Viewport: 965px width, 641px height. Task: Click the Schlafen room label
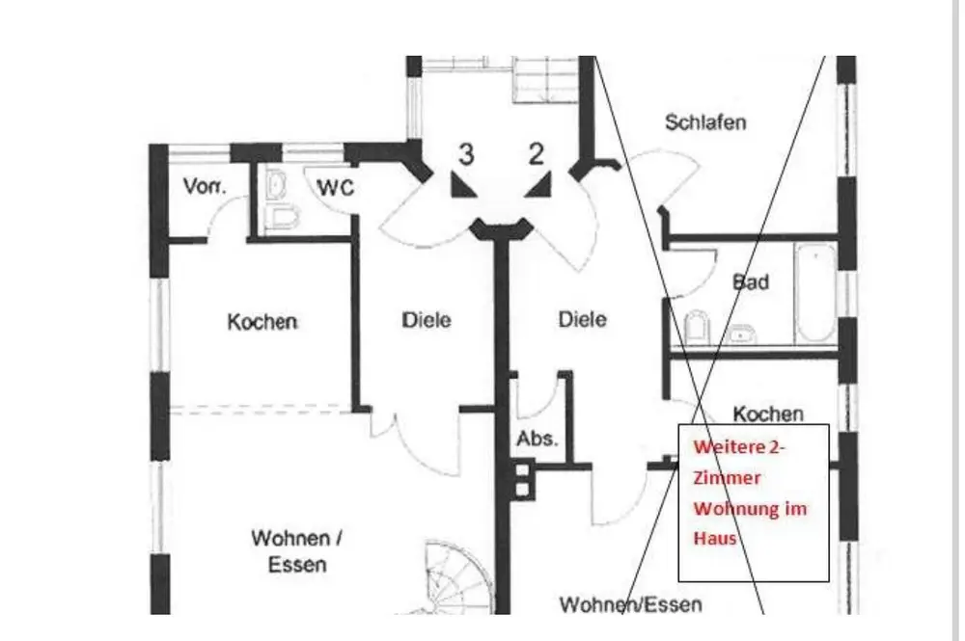point(705,123)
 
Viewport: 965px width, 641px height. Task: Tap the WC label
point(336,188)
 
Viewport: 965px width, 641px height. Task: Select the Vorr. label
point(204,187)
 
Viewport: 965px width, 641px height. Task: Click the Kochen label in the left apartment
point(262,322)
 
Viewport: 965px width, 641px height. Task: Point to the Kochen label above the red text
point(768,414)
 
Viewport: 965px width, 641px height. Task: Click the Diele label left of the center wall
point(427,320)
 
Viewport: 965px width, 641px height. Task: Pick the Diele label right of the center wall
point(582,319)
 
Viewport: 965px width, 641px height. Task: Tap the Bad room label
point(751,282)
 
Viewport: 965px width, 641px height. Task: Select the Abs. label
point(537,440)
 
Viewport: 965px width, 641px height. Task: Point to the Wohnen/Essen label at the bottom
point(631,604)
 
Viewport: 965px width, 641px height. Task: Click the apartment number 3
point(466,154)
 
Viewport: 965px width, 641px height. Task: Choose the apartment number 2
point(537,154)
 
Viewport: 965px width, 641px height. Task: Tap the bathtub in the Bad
point(814,292)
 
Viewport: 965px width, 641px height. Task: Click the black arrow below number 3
point(464,185)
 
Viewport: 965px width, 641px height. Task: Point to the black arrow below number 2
point(539,185)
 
